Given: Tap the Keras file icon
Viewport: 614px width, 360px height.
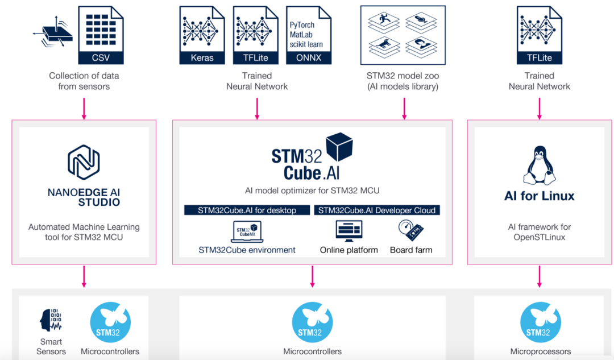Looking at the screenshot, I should click(202, 35).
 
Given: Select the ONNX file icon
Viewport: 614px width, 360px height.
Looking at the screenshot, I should click(309, 35).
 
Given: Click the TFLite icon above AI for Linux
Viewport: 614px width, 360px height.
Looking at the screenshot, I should click(539, 35).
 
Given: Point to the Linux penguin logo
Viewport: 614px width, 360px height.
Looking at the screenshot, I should click(539, 165).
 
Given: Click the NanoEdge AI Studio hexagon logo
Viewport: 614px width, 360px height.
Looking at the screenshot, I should click(84, 162).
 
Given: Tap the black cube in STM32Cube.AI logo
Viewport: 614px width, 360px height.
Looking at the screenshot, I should click(339, 149).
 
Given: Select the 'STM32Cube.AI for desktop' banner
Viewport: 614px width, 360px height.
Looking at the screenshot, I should click(247, 210).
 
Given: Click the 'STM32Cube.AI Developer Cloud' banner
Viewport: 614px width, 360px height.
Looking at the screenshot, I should click(377, 210).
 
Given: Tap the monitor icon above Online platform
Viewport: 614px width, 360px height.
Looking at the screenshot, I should click(349, 230).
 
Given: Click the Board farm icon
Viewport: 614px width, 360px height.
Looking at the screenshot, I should click(411, 230).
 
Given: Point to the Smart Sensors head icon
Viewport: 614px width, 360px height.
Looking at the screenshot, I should click(50, 321).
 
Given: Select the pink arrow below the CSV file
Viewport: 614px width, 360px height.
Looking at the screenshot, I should click(84, 108).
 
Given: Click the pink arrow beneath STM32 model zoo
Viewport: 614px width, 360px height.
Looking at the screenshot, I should click(404, 108).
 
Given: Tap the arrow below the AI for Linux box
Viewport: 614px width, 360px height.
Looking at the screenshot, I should click(539, 276).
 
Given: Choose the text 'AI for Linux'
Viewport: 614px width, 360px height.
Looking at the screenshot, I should click(539, 196).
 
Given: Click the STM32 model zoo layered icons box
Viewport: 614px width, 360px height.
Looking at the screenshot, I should click(403, 35).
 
